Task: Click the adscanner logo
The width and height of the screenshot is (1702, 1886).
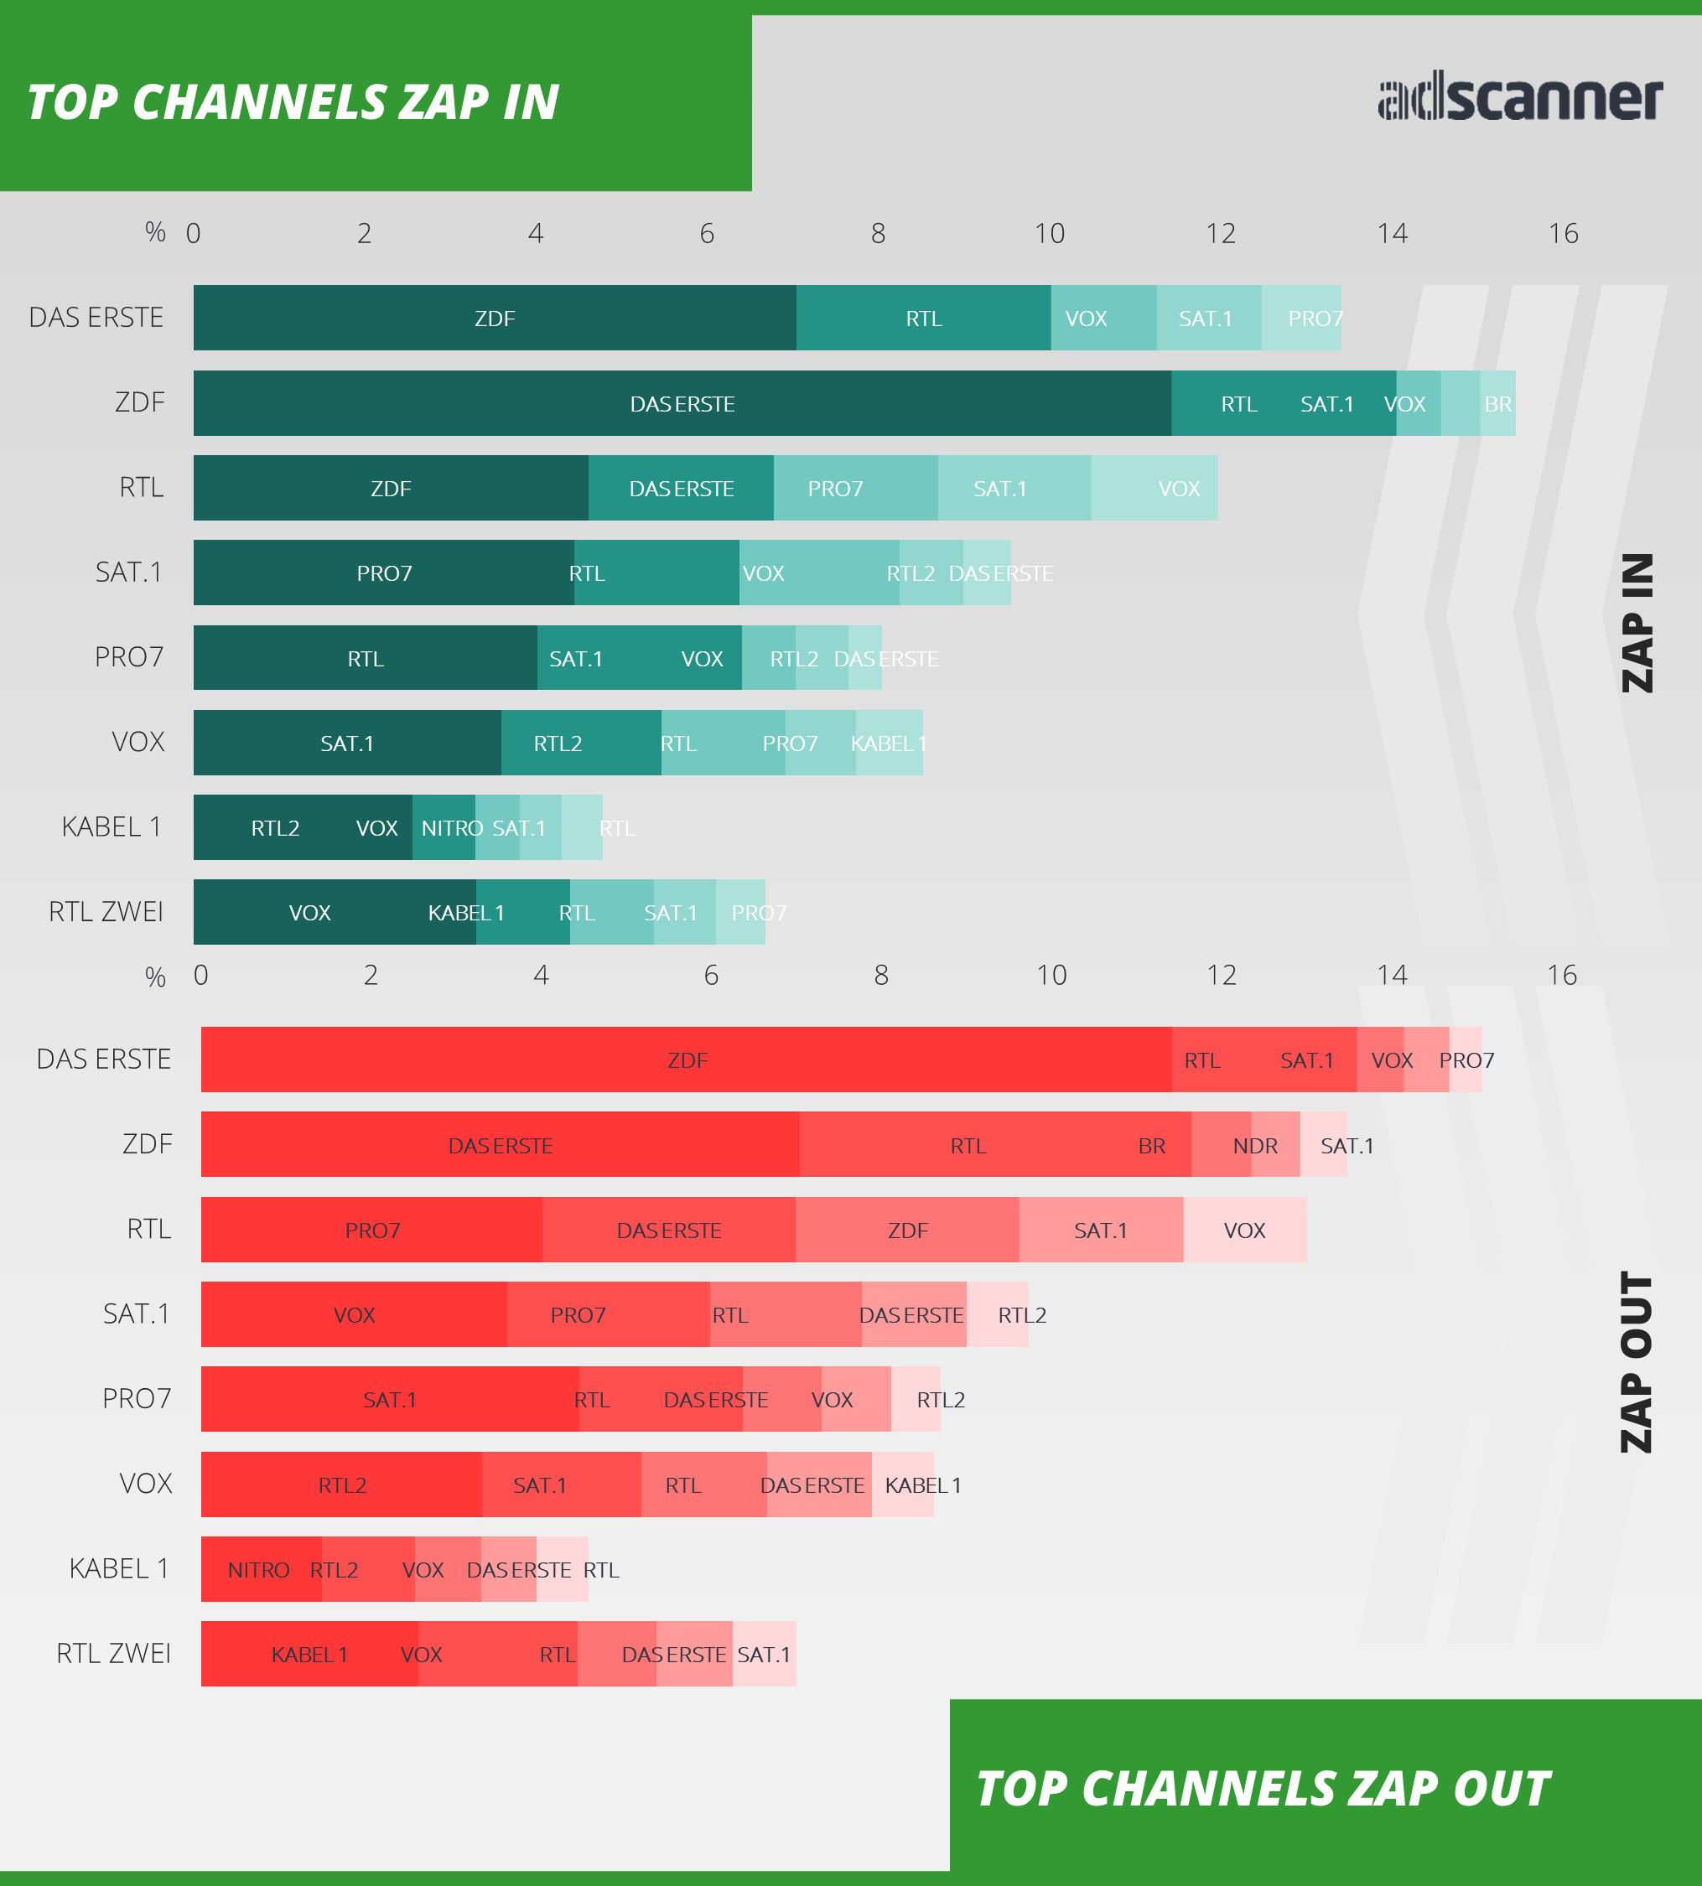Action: click(x=1519, y=99)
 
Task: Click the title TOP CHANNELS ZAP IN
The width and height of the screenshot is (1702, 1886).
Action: click(x=293, y=102)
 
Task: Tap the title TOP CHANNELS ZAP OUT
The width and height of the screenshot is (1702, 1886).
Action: click(x=1263, y=1789)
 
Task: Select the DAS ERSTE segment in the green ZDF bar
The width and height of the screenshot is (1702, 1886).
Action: click(x=682, y=403)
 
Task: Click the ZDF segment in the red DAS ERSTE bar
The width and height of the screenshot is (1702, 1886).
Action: click(x=687, y=1060)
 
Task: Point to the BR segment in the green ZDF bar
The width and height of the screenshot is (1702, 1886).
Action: click(x=1498, y=403)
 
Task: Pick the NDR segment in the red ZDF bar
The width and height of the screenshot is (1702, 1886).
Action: click(x=1255, y=1144)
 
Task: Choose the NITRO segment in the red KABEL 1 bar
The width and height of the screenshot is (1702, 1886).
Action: click(x=259, y=1569)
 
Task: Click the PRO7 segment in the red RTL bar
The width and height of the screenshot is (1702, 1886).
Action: click(x=372, y=1230)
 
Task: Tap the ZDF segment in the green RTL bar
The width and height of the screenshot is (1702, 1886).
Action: click(x=391, y=488)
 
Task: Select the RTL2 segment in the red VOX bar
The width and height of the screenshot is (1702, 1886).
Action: click(x=342, y=1484)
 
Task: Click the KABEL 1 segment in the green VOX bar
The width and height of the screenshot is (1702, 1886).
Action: click(x=890, y=743)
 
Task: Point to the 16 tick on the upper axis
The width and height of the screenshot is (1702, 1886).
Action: click(x=1563, y=233)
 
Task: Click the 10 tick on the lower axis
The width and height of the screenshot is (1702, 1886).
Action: click(x=1051, y=975)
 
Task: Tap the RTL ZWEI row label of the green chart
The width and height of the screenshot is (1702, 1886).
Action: click(x=106, y=911)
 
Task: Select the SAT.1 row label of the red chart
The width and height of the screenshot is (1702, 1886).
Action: click(x=137, y=1313)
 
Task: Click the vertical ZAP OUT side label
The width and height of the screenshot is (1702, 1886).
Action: click(x=1637, y=1361)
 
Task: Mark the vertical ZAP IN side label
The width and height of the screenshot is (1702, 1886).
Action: click(x=1637, y=623)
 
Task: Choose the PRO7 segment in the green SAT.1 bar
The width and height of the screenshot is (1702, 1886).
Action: click(x=384, y=573)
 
